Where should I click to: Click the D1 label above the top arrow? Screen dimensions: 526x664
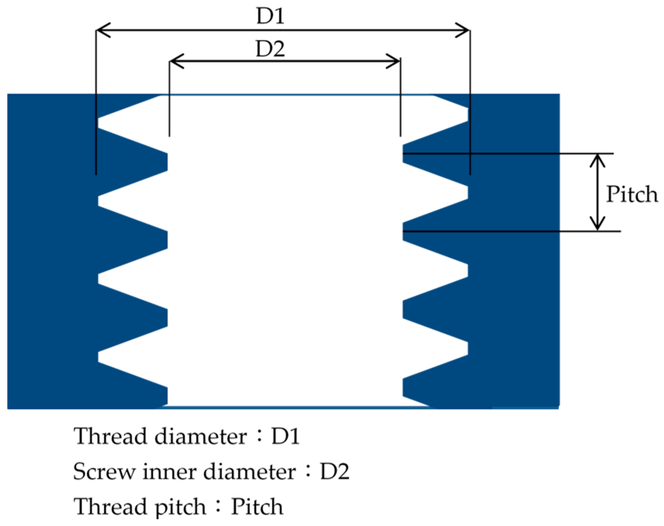(x=270, y=16)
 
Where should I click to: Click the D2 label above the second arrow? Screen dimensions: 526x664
(x=270, y=49)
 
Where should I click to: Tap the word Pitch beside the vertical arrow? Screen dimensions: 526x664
(x=631, y=194)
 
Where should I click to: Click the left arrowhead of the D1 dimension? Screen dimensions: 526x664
(x=102, y=30)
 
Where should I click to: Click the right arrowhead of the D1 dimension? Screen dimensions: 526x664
(x=463, y=30)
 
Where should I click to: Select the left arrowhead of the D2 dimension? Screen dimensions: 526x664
(x=176, y=61)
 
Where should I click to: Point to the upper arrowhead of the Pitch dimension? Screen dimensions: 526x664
(x=598, y=160)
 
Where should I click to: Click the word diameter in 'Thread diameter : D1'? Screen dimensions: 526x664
(x=201, y=436)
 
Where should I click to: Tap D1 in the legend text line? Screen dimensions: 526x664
(x=285, y=436)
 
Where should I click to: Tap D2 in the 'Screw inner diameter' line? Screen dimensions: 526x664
(x=335, y=472)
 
